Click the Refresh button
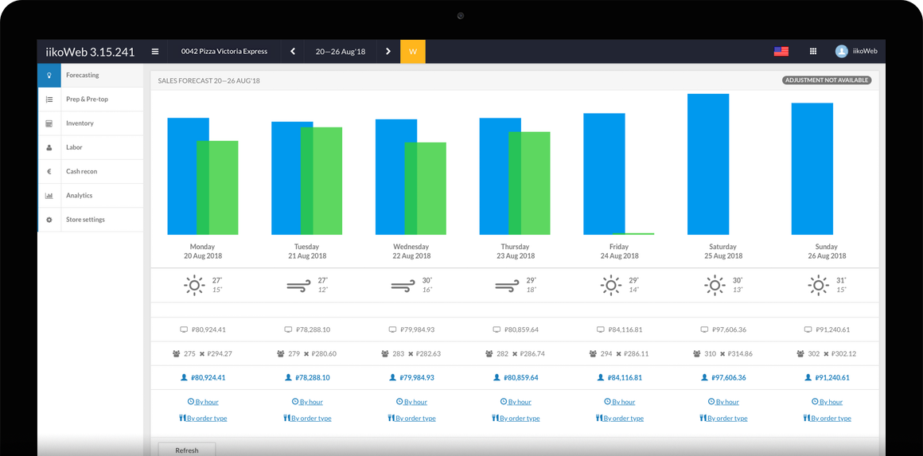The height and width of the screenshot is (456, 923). click(187, 450)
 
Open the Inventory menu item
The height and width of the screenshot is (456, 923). click(80, 123)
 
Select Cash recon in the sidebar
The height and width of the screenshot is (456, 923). click(81, 171)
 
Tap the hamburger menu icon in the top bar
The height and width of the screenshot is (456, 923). click(155, 52)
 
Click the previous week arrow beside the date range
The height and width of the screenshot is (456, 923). click(293, 52)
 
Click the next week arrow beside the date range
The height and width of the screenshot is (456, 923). click(388, 52)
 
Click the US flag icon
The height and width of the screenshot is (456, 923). click(781, 51)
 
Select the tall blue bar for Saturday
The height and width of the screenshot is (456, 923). click(708, 164)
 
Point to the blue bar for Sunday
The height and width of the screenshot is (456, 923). click(812, 169)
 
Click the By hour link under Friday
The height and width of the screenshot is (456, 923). click(620, 402)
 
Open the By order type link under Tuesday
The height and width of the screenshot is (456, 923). click(307, 418)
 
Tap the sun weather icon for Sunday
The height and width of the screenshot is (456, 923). click(818, 285)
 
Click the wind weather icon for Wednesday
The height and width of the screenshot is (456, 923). click(403, 285)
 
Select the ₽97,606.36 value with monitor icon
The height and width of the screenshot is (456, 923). click(726, 329)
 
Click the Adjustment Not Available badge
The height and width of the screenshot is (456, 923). click(827, 80)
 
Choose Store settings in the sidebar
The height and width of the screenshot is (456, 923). click(85, 220)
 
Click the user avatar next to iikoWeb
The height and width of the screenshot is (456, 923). click(841, 51)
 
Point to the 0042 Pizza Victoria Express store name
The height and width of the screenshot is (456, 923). click(224, 52)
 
